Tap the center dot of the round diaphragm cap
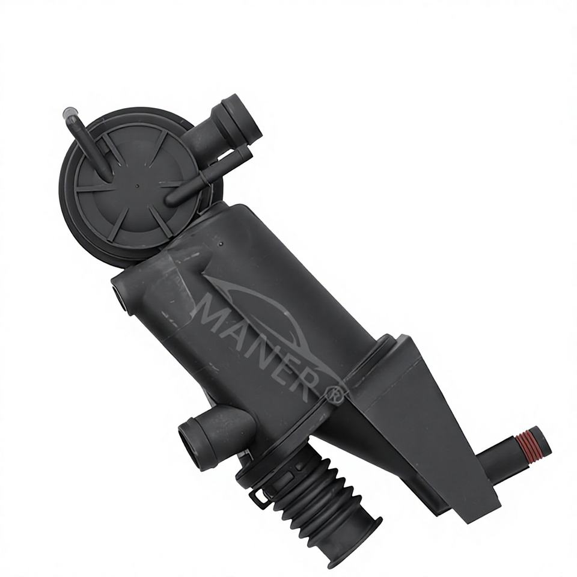138,186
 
